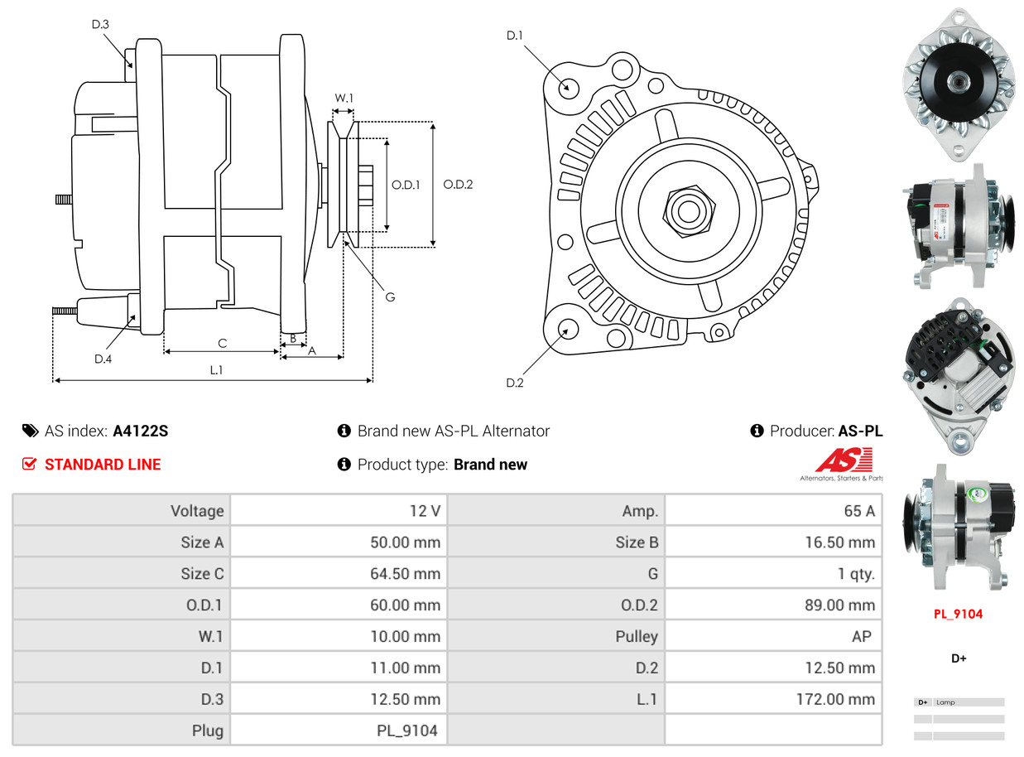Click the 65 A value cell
point(858,511)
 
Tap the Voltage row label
point(197,511)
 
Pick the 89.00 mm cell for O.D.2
point(839,605)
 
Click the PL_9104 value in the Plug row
point(406,731)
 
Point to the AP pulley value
point(861,637)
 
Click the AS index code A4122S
point(141,432)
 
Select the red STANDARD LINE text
point(103,465)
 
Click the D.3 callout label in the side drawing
point(100,25)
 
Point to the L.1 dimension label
point(216,370)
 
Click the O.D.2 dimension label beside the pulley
point(458,185)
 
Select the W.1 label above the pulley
point(344,99)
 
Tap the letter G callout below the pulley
point(390,297)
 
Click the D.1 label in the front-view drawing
point(515,36)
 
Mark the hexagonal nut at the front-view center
point(686,210)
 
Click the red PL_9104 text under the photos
point(958,615)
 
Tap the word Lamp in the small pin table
point(945,702)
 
